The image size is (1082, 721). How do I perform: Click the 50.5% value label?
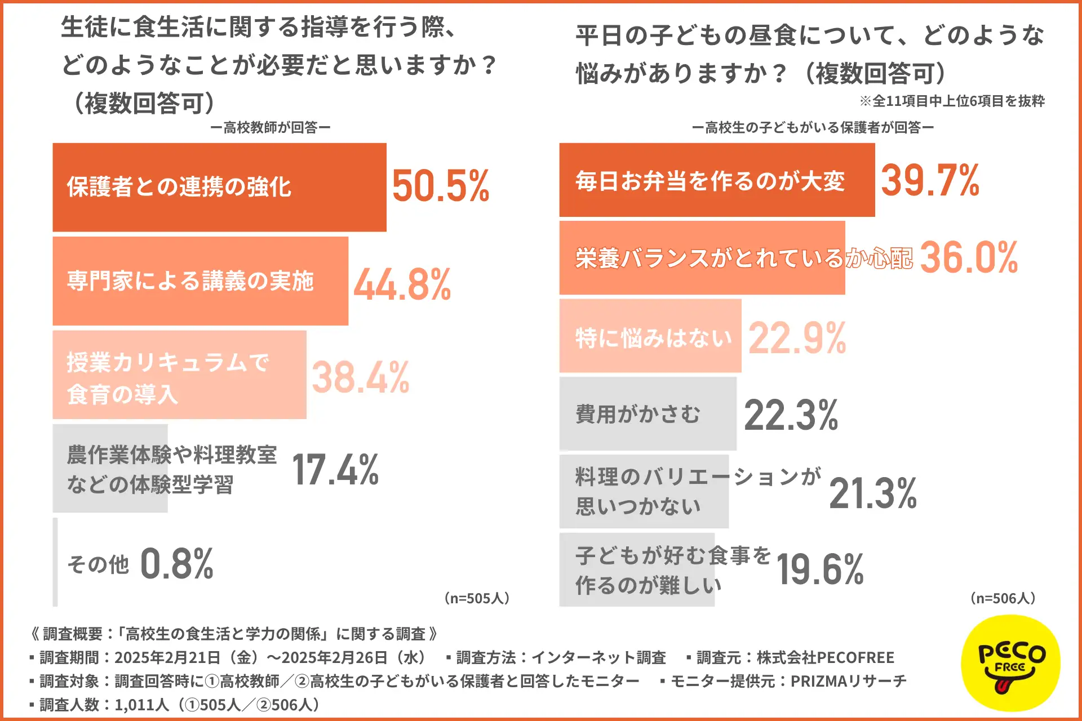tap(441, 186)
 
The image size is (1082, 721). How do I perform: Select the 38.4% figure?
tap(361, 377)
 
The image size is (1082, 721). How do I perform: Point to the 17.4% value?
tap(335, 470)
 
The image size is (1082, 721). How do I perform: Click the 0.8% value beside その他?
tap(176, 563)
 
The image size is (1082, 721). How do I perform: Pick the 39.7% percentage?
tap(930, 180)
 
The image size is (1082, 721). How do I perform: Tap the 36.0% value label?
tap(969, 257)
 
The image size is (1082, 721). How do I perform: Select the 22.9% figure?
tap(797, 338)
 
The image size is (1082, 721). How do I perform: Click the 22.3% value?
tap(791, 415)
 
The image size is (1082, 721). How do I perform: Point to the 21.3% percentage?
tap(873, 493)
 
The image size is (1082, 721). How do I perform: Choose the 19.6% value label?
tap(820, 569)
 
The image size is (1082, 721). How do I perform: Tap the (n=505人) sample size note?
tap(477, 598)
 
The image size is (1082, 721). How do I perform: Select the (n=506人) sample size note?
tap(1003, 598)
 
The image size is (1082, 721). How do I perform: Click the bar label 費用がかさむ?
tap(638, 415)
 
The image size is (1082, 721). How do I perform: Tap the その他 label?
tap(98, 564)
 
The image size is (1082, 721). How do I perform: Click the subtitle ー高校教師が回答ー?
tap(270, 128)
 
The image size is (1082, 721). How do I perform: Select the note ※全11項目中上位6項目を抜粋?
tap(952, 101)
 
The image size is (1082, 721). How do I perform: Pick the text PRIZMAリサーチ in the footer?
tap(848, 682)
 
